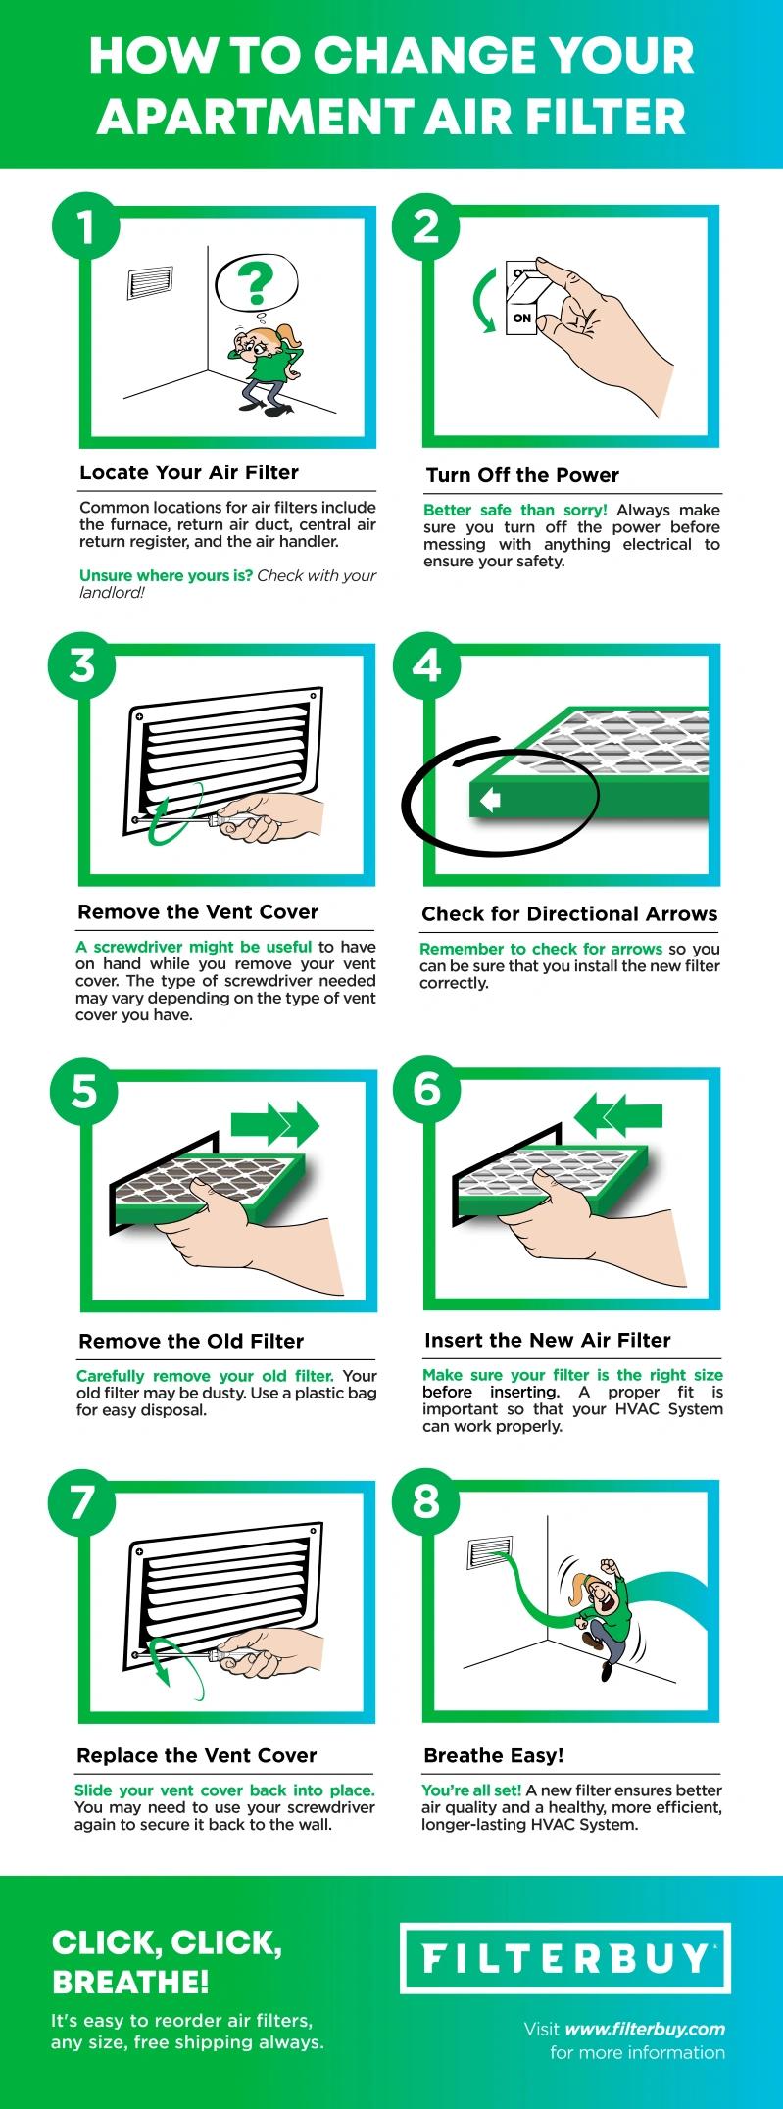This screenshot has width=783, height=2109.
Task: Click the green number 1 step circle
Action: point(85,227)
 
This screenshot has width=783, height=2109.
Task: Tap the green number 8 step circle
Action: point(426,1501)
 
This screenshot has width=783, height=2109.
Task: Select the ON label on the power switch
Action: point(521,319)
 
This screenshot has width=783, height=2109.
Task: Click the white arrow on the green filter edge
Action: point(489,802)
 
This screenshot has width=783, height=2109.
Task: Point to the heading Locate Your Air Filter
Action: point(189,472)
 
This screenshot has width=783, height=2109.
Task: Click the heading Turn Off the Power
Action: point(522,475)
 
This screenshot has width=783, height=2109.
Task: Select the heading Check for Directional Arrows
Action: point(569,913)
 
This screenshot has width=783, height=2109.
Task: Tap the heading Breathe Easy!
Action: point(494,1755)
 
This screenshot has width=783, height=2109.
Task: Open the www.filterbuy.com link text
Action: point(645,2029)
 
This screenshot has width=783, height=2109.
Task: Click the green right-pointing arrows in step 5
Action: point(274,1123)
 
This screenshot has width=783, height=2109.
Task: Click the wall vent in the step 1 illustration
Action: point(150,282)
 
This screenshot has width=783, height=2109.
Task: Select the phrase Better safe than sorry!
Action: point(514,510)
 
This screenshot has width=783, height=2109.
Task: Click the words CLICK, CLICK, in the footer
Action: point(167,1943)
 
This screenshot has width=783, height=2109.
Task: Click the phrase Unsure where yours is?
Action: point(166,575)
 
